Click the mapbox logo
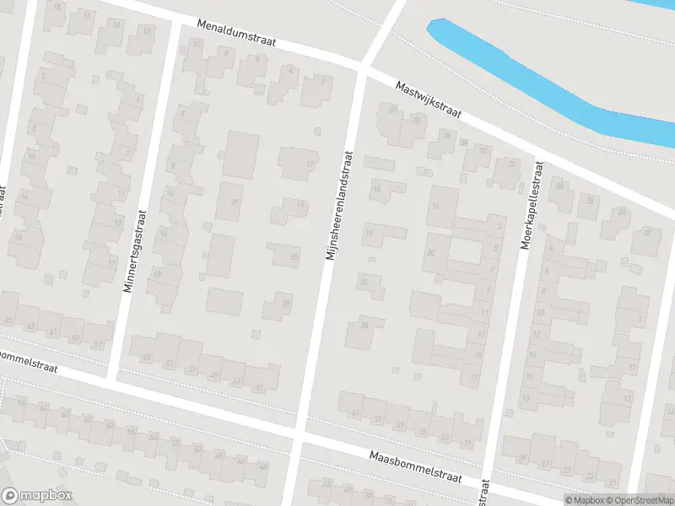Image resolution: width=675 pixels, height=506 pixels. coord(37,496)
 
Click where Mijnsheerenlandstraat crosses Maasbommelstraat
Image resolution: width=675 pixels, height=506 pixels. coord(298,439)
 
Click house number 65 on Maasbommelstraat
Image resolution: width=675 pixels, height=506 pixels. coord(9,320)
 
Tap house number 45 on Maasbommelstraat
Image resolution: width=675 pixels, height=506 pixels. coord(258,388)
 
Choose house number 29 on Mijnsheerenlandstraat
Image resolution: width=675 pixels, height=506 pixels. coord(286,304)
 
